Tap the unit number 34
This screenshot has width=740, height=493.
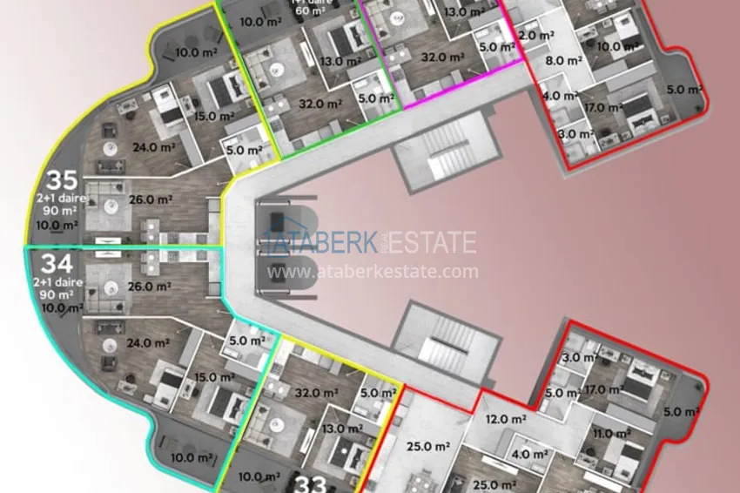click(56, 263)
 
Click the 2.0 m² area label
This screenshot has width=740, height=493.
click(536, 36)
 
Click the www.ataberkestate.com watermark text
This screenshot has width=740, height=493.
click(373, 272)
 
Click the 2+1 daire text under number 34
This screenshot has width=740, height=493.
click(56, 282)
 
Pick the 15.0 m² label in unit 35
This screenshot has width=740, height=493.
click(215, 116)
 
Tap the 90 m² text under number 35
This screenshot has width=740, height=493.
click(56, 212)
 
